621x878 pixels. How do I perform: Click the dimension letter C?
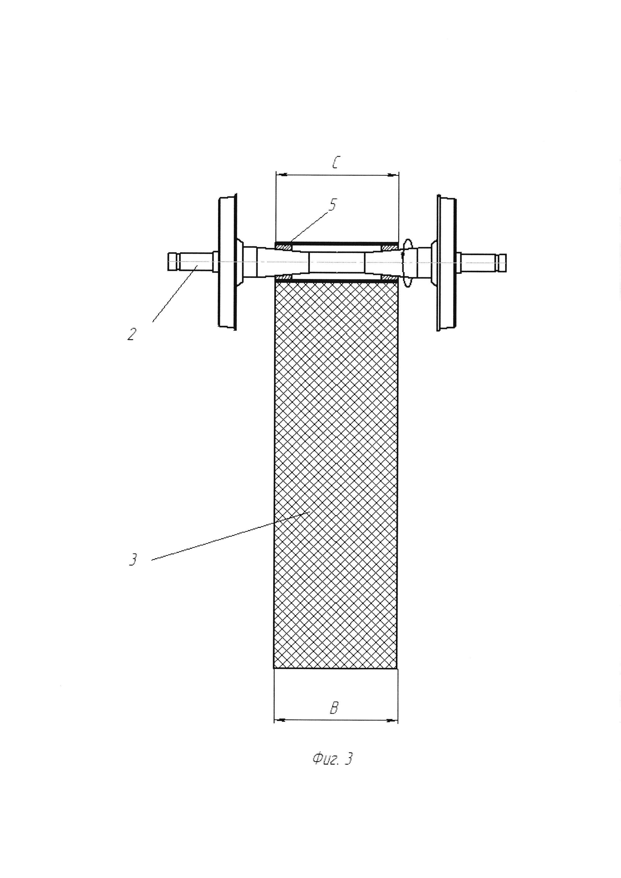coord(335,163)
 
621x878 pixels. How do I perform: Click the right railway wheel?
coord(447,262)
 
